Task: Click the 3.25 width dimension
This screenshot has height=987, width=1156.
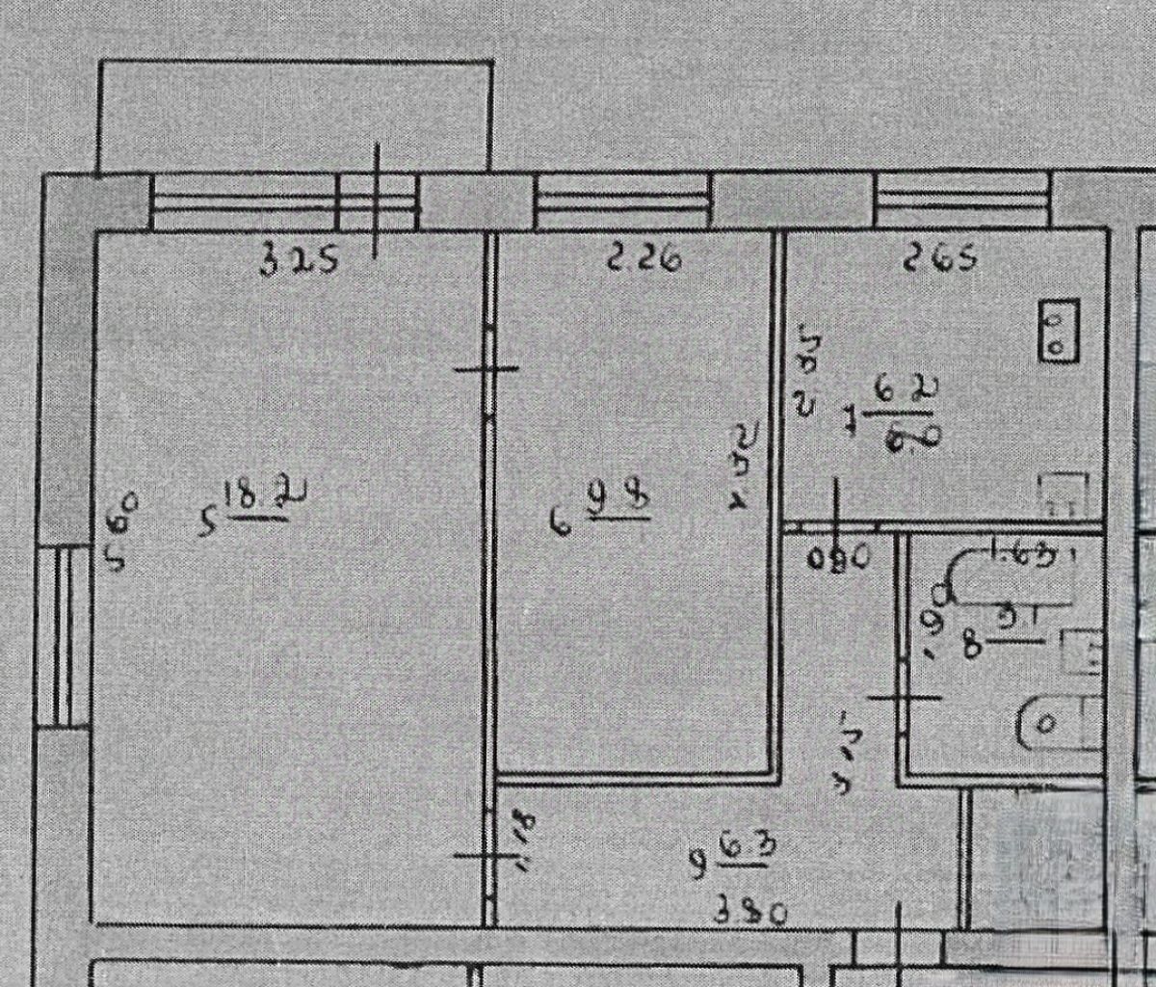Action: pyautogui.click(x=300, y=260)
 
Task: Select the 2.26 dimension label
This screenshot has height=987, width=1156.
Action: pyautogui.click(x=643, y=258)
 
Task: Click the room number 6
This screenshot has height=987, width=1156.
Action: pyautogui.click(x=559, y=523)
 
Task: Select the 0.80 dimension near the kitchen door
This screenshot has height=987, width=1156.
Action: pyautogui.click(x=841, y=557)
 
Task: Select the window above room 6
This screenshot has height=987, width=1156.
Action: pyautogui.click(x=621, y=201)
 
